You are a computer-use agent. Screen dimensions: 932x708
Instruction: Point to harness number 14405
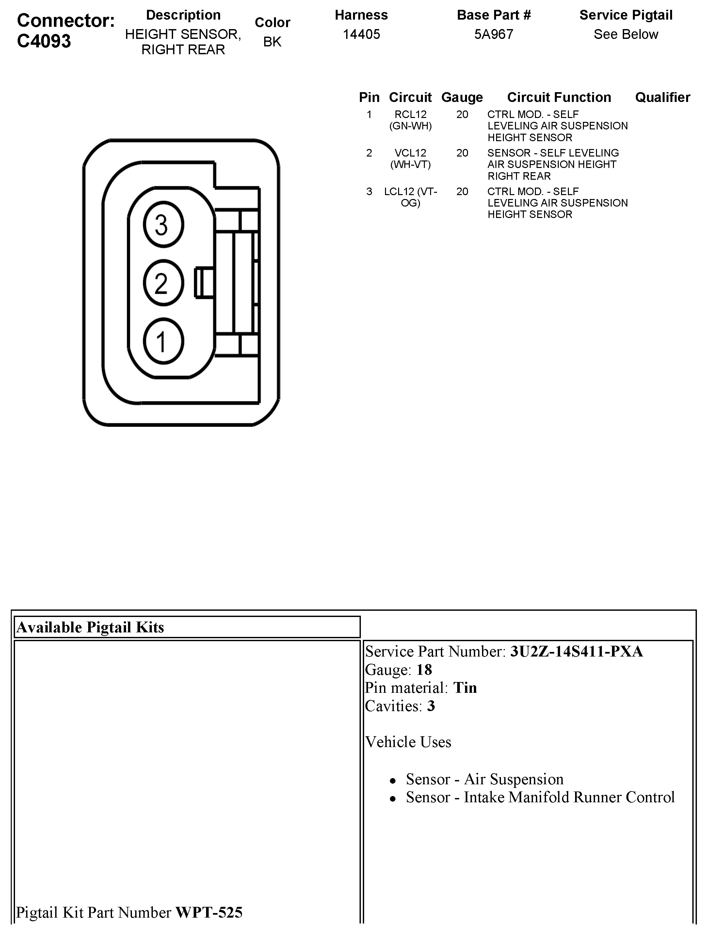[x=361, y=34]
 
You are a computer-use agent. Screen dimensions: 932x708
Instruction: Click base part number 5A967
[x=493, y=34]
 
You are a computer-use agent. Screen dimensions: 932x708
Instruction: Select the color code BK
[x=272, y=42]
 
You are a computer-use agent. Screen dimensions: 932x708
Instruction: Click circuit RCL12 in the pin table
[x=410, y=114]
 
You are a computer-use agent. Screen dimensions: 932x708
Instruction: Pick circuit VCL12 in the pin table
[x=410, y=153]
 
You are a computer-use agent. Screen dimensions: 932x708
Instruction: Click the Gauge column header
[x=462, y=97]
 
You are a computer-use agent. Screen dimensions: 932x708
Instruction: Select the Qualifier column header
[x=663, y=97]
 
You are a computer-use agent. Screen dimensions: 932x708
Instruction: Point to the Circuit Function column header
[x=559, y=97]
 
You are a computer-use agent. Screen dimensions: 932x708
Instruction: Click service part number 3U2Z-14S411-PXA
[x=576, y=652]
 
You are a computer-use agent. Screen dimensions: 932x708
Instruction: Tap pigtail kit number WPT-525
[x=209, y=912]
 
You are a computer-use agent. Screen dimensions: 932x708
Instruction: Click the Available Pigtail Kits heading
[x=90, y=627]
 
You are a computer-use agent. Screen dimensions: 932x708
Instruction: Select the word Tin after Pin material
[x=465, y=688]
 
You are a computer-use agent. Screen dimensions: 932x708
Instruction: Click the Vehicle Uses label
[x=408, y=742]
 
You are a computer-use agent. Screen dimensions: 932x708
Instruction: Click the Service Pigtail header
[x=626, y=15]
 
